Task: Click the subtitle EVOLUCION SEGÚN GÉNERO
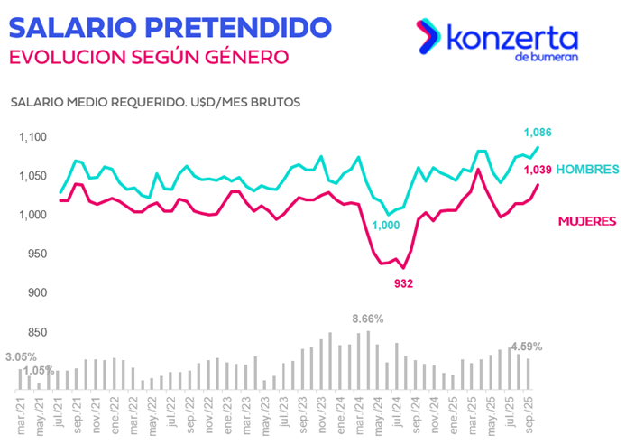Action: pos(148,56)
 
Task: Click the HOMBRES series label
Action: pos(587,169)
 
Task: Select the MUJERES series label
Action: pos(586,220)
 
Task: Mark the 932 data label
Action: pos(402,283)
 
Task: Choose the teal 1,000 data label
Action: pos(386,226)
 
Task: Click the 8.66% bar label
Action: pos(368,319)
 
